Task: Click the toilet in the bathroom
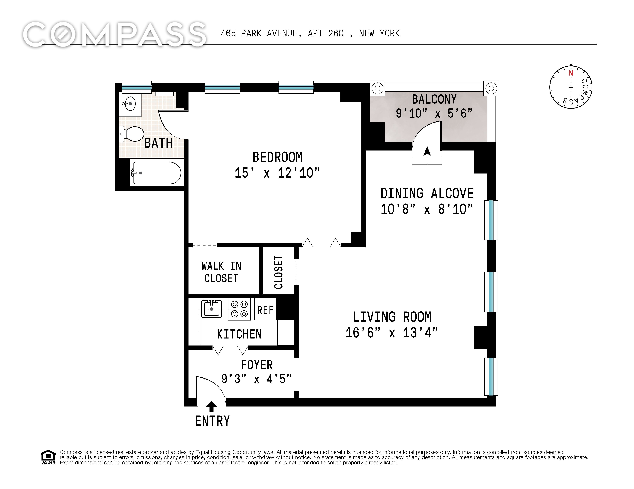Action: [132, 134]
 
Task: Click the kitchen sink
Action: [212, 309]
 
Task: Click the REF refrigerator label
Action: [265, 310]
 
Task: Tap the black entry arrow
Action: [212, 406]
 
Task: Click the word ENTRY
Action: [212, 421]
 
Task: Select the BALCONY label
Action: [434, 99]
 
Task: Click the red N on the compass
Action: [571, 73]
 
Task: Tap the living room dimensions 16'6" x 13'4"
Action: [392, 333]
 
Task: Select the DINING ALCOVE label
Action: [427, 193]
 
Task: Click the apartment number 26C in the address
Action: [336, 34]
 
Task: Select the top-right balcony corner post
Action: [491, 88]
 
